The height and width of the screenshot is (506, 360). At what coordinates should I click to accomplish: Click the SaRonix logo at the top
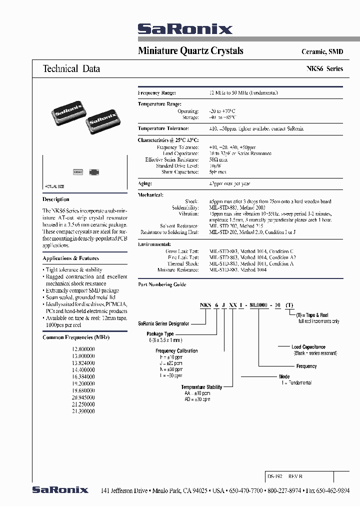[x=185, y=29]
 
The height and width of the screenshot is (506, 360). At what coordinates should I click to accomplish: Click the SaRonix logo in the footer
[x=60, y=489]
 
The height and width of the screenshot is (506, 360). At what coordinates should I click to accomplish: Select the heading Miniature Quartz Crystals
[x=190, y=51]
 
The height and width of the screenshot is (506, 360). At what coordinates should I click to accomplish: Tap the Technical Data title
[x=71, y=69]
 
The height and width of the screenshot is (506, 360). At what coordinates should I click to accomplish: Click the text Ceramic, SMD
[x=322, y=52]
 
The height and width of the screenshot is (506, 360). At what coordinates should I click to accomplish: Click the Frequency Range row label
[x=156, y=93]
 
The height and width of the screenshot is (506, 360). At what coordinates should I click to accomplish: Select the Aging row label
[x=144, y=184]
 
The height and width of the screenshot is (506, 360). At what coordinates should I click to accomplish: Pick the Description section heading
[x=56, y=199]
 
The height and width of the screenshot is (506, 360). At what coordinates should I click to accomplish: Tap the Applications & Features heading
[x=71, y=258]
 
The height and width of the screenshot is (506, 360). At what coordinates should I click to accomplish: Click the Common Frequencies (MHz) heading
[x=76, y=337]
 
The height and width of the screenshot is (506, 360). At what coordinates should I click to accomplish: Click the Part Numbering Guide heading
[x=162, y=284]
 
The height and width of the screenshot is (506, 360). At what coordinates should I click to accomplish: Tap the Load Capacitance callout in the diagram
[x=308, y=347]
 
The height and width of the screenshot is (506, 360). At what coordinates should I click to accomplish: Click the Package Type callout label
[x=160, y=333]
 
